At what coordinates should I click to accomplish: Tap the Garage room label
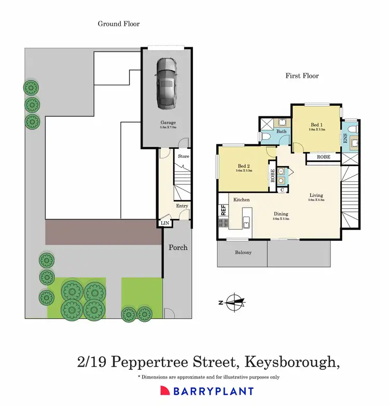coord(168,123)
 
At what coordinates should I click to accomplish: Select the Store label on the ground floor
coord(184,156)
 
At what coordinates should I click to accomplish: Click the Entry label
coord(182,206)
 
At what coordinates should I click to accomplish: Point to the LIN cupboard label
coord(165,223)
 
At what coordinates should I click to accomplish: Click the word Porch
coord(178,247)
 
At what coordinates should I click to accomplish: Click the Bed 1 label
coord(316,125)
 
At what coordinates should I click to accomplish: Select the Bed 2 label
coord(243,167)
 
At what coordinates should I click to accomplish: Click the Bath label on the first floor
coord(282,132)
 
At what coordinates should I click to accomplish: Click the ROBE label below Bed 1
coord(324,156)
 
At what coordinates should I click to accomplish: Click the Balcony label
coord(243,253)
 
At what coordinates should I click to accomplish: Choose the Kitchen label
coord(242,199)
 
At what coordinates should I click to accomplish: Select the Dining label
coord(281,214)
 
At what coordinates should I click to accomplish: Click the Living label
coord(316,195)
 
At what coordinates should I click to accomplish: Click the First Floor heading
coord(302,76)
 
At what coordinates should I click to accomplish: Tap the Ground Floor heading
coord(119,23)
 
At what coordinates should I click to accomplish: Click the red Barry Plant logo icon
coord(164,391)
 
